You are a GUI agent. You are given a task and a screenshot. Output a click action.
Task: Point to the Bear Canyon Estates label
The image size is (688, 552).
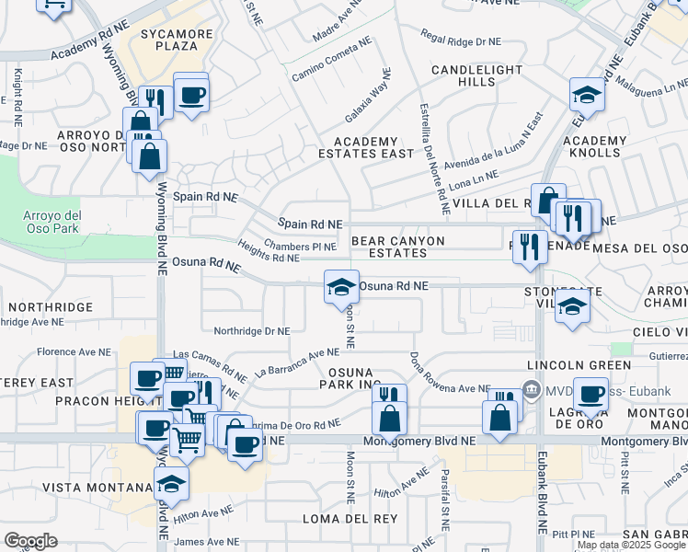click(397, 247)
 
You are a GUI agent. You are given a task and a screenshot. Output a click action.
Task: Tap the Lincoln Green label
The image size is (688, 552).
click(571, 365)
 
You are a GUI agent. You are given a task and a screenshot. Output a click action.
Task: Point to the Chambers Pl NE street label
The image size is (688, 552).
click(300, 247)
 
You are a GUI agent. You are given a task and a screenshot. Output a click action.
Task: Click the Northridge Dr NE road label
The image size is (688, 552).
click(251, 331)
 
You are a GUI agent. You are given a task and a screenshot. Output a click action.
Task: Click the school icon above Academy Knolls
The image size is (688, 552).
click(586, 96)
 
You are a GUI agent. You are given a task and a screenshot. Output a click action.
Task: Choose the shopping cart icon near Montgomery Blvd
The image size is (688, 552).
click(187, 440)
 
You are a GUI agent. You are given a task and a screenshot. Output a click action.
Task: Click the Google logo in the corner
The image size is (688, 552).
click(30, 541)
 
